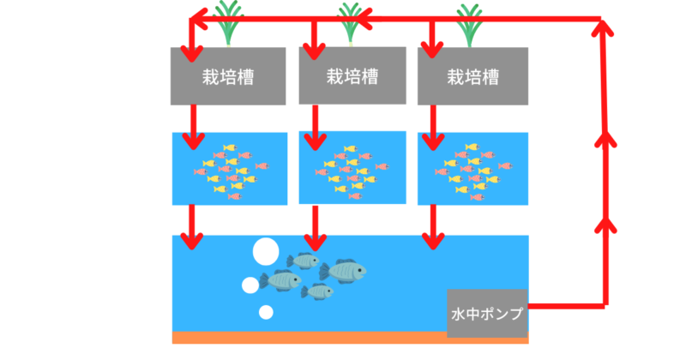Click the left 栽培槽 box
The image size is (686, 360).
227,75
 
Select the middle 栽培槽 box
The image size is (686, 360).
352,75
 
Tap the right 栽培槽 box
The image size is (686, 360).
472,75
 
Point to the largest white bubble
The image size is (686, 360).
266,252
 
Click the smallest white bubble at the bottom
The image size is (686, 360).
267,312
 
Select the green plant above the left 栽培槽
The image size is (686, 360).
229,24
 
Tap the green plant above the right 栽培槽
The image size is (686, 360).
469,24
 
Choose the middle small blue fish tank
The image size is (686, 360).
352,167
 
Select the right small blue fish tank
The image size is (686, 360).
472,168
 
